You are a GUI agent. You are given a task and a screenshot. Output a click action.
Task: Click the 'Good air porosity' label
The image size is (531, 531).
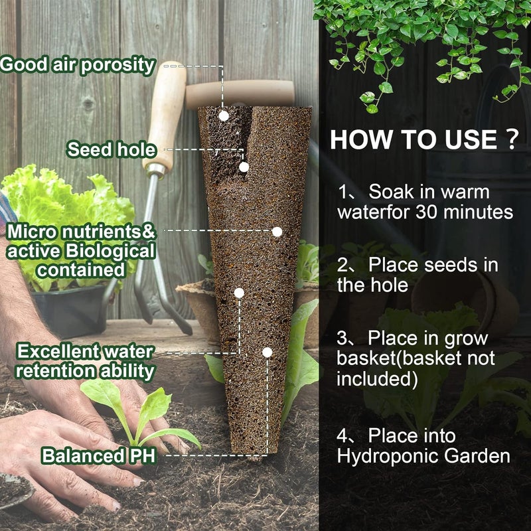(78, 65)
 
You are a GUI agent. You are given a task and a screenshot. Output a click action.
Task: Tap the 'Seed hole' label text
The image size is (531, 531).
(112, 149)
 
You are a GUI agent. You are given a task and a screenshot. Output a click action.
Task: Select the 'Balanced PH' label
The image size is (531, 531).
(98, 455)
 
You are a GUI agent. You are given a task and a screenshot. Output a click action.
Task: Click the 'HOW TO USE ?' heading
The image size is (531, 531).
(425, 139)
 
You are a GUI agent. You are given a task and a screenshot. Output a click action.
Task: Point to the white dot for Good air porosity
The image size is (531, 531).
(224, 116)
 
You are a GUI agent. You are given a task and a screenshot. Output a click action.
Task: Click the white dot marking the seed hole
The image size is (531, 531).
(244, 167)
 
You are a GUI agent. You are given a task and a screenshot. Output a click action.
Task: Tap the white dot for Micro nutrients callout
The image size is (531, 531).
(277, 232)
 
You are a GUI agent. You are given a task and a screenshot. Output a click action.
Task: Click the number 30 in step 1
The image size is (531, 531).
(427, 212)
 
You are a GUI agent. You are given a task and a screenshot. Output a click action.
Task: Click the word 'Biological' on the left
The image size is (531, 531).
(110, 252)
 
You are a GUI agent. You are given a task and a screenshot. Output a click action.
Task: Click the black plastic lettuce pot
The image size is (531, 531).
(70, 310)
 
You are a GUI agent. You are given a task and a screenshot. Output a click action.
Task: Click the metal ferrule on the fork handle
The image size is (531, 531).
(156, 171)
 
